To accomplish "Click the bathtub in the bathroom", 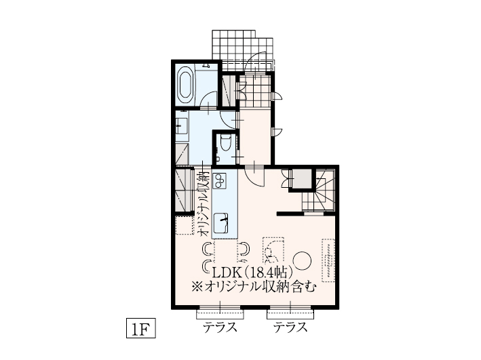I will click(185, 85).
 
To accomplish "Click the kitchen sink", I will click(223, 222).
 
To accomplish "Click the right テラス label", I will click(290, 328).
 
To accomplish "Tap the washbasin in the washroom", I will click(180, 125).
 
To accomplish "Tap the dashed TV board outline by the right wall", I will click(329, 259).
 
